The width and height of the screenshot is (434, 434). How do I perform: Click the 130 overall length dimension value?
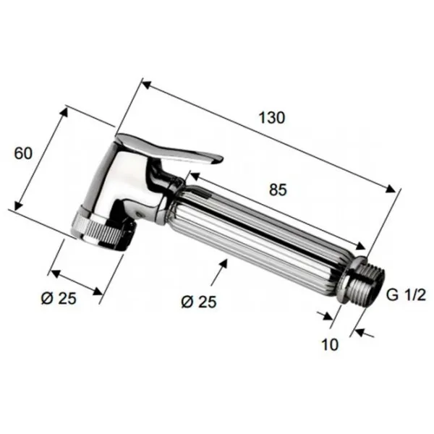coord(271,118)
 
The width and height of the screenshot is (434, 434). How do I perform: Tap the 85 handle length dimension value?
coord(278,190)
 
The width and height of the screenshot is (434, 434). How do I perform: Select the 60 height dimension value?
coord(23,153)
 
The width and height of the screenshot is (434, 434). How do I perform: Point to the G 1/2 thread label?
coord(406,295)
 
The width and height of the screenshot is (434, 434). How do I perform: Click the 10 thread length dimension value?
coord(330,345)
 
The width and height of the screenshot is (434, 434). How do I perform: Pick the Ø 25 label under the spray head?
coord(59,299)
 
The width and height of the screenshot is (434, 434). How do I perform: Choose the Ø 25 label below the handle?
coord(199,302)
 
